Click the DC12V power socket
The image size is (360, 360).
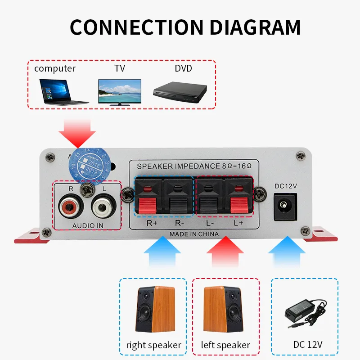pos(285,207)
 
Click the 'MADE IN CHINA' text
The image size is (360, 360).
pos(194,234)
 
